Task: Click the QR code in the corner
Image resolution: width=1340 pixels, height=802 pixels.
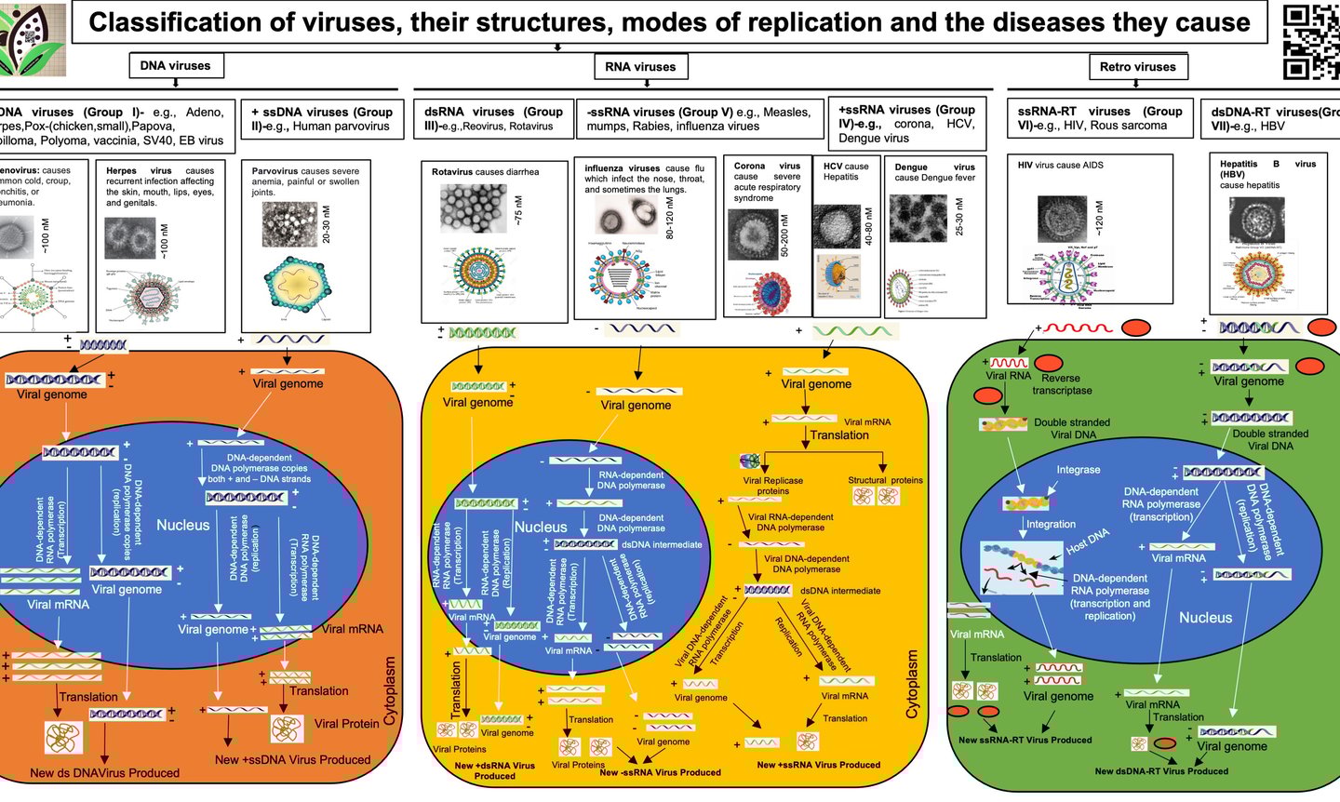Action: tap(1311, 41)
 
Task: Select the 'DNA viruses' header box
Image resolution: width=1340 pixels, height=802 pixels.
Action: tap(175, 66)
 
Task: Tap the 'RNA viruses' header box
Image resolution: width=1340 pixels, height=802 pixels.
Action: tap(640, 67)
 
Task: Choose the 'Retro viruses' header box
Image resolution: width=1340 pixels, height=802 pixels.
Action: tap(1137, 67)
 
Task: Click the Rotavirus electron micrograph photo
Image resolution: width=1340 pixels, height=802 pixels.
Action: tap(474, 207)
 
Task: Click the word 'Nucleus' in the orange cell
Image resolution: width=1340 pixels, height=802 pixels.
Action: tap(182, 526)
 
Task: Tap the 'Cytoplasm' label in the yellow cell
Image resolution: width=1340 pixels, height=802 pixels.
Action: tap(912, 684)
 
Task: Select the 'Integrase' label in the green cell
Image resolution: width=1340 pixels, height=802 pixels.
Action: tap(1078, 470)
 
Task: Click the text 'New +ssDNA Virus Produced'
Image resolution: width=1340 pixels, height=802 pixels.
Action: tap(292, 760)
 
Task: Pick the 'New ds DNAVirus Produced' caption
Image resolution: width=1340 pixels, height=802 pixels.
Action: tap(104, 773)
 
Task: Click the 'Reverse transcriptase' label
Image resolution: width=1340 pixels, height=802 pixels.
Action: tap(1061, 384)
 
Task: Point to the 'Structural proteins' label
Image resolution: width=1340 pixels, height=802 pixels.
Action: tap(885, 481)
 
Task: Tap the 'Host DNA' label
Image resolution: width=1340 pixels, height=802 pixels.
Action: tap(1087, 541)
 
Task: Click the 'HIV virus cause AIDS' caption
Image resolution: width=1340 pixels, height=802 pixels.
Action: tap(1060, 166)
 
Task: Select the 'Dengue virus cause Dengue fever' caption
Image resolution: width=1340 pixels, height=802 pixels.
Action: tap(934, 172)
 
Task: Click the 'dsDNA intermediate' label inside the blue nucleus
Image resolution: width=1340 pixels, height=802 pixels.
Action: tap(662, 545)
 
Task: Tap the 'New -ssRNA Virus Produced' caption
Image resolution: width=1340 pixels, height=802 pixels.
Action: tap(660, 772)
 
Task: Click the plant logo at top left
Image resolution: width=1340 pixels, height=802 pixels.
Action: tap(32, 39)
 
